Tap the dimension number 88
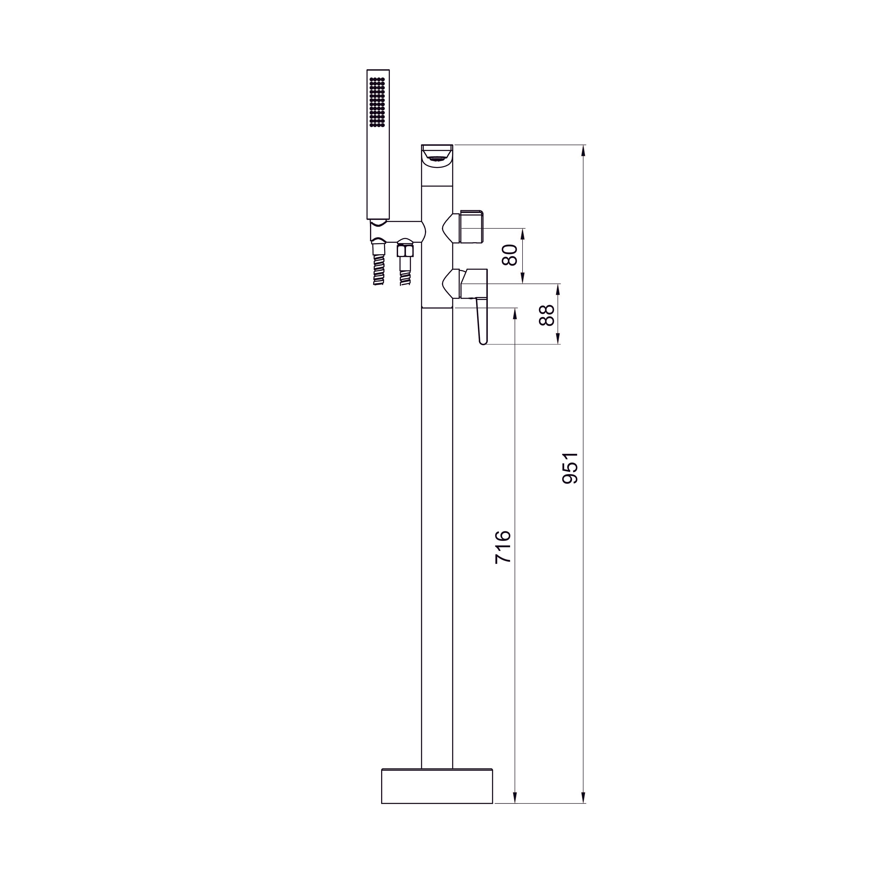click(546, 315)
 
